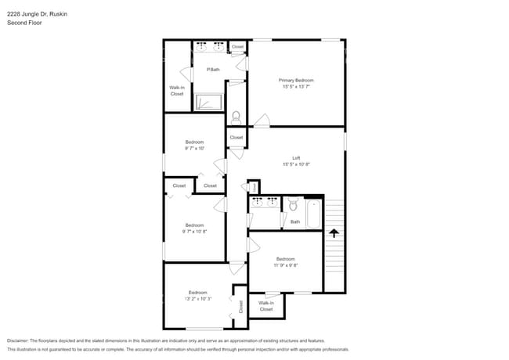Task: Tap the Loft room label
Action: coord(297,158)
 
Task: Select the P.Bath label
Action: coord(212,70)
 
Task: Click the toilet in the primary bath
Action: coord(236,115)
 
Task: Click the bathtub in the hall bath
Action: coord(313,214)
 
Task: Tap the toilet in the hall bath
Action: coord(291,206)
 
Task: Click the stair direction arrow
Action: coord(334,232)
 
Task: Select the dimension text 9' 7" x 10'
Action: coord(194,148)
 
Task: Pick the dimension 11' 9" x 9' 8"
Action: coord(285,265)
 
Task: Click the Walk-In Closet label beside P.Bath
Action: coord(177,90)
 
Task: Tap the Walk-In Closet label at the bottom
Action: coord(266,306)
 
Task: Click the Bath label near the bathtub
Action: coord(295,221)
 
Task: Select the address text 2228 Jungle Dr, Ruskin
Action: coord(37,13)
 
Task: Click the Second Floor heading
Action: coord(24,23)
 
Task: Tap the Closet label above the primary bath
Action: coord(237,47)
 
